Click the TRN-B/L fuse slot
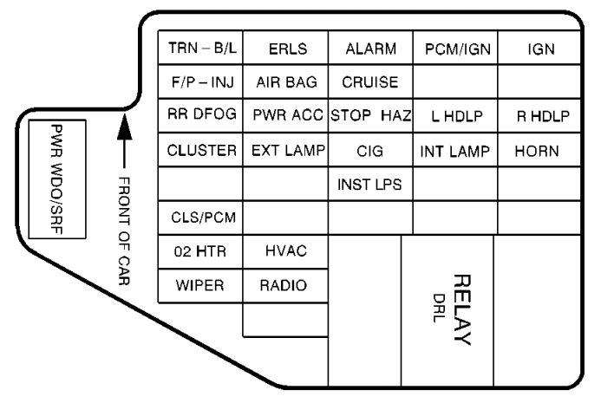pyautogui.click(x=200, y=50)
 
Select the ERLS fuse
pyautogui.click(x=285, y=50)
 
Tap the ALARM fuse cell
pyautogui.click(x=370, y=50)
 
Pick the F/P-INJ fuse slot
pyautogui.click(x=200, y=83)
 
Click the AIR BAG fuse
pyautogui.click(x=285, y=83)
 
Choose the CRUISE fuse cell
pyautogui.click(x=370, y=83)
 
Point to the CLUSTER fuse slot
pyautogui.click(x=200, y=151)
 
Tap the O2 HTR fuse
pyautogui.click(x=200, y=251)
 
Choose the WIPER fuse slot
pyautogui.click(x=200, y=285)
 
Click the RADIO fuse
pyautogui.click(x=285, y=285)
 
